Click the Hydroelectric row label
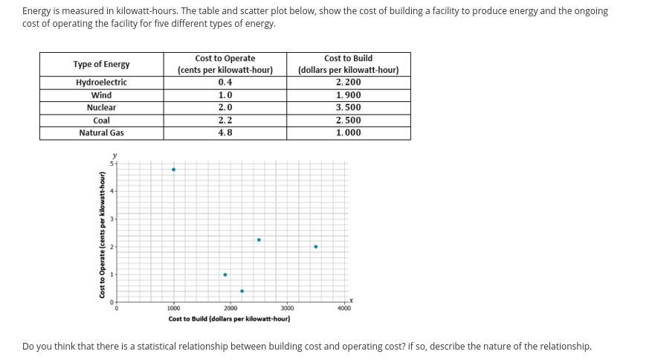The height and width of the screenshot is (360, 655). (101, 83)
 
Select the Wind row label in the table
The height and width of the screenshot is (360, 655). (101, 95)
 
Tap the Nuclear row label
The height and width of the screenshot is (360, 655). (101, 108)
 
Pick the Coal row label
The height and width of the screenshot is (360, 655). (101, 120)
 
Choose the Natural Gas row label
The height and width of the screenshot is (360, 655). (101, 133)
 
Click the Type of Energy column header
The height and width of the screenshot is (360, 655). (101, 64)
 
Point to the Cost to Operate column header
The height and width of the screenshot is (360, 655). (225, 64)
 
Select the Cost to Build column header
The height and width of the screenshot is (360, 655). (349, 64)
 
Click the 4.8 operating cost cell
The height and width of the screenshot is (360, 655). (225, 133)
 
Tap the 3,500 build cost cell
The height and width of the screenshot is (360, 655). (349, 108)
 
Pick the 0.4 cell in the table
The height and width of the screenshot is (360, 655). (225, 83)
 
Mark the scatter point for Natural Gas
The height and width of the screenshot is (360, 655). (173, 170)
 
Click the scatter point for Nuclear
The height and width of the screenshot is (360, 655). (316, 246)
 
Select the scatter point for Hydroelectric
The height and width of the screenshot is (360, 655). (242, 291)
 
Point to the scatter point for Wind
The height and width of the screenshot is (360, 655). (225, 274)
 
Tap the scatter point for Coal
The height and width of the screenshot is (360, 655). (259, 240)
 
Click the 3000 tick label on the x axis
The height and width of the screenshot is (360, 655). (287, 309)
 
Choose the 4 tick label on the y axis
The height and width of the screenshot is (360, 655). (112, 191)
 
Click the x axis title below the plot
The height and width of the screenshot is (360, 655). (229, 319)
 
